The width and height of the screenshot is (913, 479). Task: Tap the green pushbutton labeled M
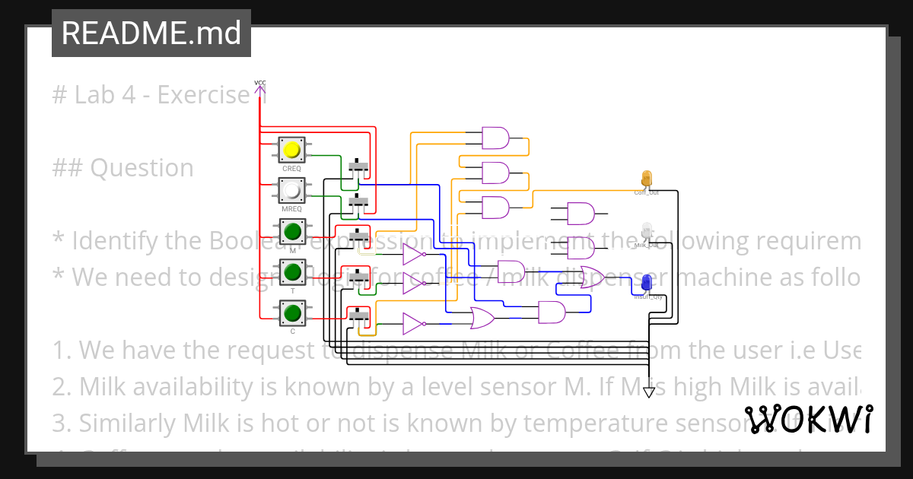(291, 230)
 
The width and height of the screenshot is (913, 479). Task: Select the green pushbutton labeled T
(291, 271)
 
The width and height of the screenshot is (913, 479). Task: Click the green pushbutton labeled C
(291, 312)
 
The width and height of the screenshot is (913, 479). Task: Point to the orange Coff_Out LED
(647, 179)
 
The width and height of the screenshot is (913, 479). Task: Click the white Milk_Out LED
(647, 230)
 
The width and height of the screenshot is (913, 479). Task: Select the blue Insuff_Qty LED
(647, 283)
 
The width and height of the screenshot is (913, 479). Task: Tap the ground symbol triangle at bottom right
(648, 392)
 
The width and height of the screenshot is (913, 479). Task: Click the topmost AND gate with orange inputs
(495, 138)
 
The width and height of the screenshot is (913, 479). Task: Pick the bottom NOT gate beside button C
(412, 324)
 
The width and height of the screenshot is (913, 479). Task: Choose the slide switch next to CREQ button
(358, 166)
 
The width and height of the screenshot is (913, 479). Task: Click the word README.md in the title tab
(151, 33)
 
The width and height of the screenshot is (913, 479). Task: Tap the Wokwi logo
(808, 420)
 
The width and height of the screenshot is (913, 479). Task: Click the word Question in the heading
(142, 167)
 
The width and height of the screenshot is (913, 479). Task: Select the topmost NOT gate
(412, 254)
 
